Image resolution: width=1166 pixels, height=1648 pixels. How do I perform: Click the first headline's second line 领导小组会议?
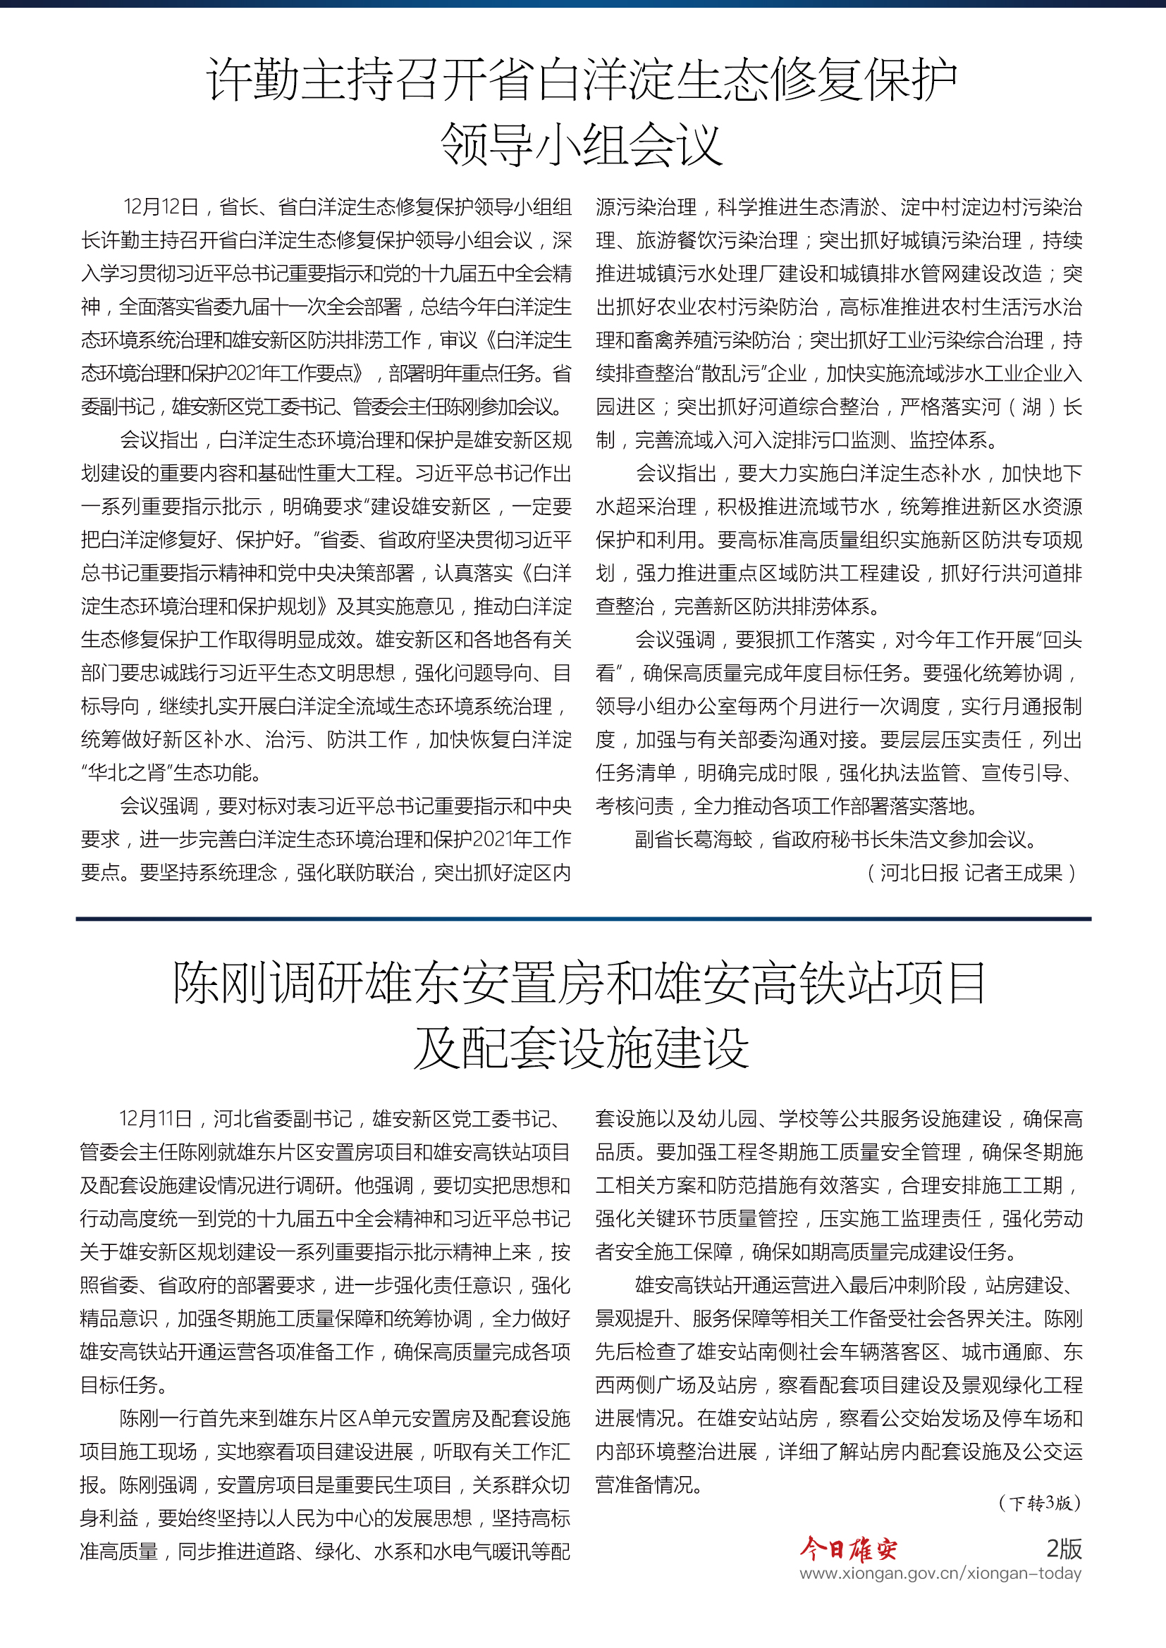[x=582, y=144]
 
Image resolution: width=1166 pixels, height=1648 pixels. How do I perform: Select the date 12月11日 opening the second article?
[x=156, y=1119]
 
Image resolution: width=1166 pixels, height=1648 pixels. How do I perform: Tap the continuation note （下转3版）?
[x=1040, y=1503]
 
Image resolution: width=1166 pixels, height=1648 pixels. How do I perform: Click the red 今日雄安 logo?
[x=849, y=1549]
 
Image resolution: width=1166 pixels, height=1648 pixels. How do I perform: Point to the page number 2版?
[x=1063, y=1548]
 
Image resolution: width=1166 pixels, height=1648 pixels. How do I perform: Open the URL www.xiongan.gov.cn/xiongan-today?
[x=940, y=1573]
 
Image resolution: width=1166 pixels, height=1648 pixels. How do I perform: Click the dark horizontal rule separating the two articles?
[x=583, y=919]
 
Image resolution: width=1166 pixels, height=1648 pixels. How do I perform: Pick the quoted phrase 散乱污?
[x=730, y=374]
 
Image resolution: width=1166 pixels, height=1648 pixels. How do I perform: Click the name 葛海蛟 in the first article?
[x=723, y=840]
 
